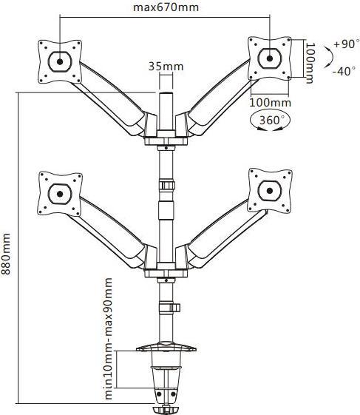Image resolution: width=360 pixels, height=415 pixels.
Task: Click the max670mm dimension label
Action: tap(166, 7)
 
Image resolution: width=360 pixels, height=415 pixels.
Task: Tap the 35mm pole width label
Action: tap(166, 66)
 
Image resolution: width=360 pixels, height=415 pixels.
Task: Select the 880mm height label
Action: tap(6, 254)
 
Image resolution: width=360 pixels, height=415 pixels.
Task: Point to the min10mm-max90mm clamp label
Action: tap(108, 338)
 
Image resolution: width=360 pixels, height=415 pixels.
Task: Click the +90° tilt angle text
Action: tap(347, 44)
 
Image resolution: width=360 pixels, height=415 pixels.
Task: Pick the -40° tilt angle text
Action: tap(344, 71)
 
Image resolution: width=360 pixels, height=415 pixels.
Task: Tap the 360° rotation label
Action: tap(270, 120)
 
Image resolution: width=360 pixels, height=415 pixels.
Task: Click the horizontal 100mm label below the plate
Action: tap(271, 102)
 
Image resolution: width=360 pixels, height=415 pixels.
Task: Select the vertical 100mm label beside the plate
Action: tap(309, 63)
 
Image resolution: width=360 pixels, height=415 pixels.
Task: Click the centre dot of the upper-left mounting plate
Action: tap(60, 61)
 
